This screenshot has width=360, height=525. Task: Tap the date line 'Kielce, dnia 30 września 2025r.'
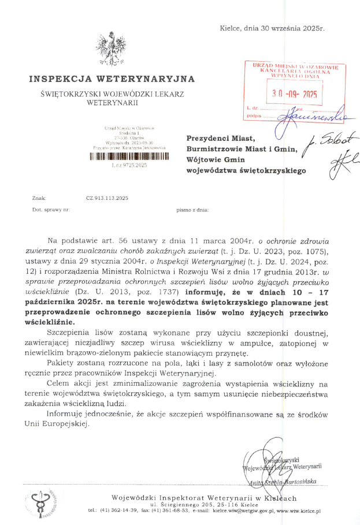(272, 28)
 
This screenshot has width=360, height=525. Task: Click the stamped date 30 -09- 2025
(294, 94)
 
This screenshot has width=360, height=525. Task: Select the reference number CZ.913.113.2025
(107, 198)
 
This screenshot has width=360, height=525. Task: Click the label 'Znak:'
(39, 198)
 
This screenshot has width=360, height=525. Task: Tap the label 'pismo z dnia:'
(192, 210)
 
